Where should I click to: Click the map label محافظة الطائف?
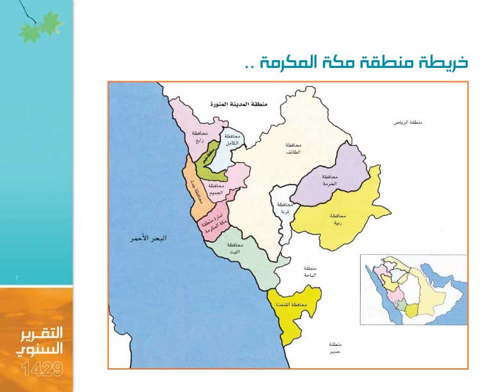[293, 149]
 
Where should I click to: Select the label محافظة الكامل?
[231, 141]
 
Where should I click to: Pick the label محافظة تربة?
[283, 208]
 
